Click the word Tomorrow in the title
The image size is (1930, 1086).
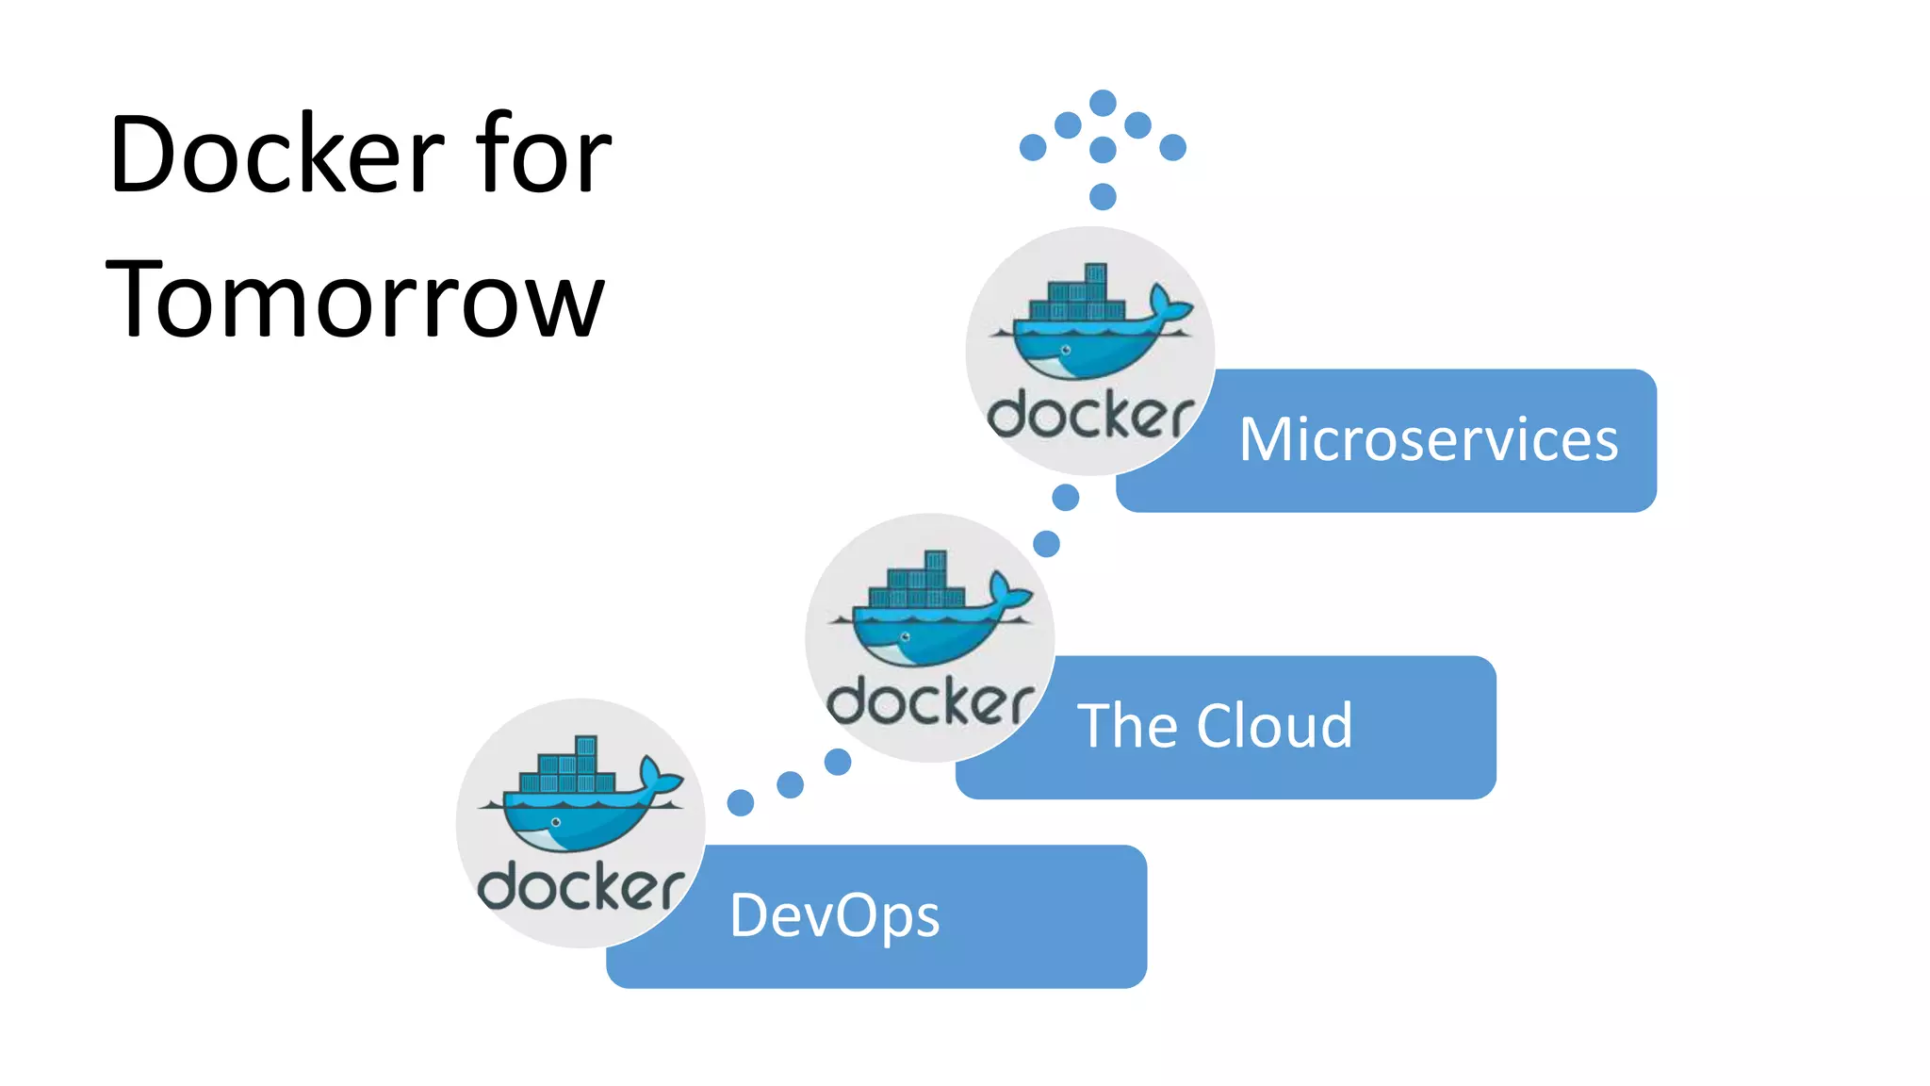(x=354, y=300)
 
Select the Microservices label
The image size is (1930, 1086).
(x=1428, y=439)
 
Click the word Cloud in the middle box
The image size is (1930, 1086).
(x=1274, y=726)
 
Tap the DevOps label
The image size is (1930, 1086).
(x=834, y=915)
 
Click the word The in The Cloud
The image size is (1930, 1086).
(x=1127, y=726)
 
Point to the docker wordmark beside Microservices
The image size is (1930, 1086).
(x=1090, y=416)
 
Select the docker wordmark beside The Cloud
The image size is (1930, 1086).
(x=930, y=703)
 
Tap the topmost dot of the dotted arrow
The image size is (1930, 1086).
(x=1103, y=102)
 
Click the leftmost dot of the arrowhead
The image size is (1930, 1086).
(x=1033, y=147)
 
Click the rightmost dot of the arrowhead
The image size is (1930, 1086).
(x=1172, y=147)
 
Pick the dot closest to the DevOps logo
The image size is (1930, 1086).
(x=741, y=802)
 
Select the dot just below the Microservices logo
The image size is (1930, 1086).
(x=1065, y=497)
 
